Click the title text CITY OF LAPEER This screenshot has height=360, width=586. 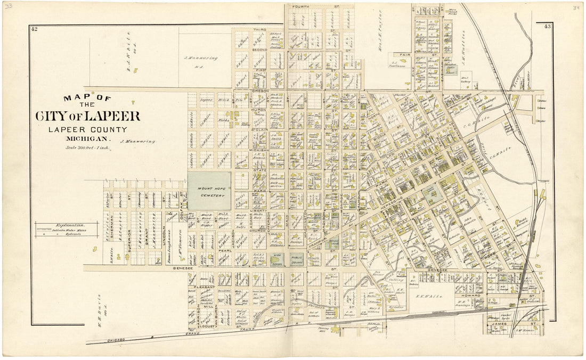tap(88, 116)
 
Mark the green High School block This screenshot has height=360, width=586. tap(276, 260)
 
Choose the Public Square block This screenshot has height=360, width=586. tap(297, 260)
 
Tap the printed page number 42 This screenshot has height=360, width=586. tap(34, 29)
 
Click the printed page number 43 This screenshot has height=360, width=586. tap(547, 26)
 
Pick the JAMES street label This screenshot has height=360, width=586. tap(499, 323)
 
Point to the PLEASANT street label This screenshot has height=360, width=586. tap(204, 287)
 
